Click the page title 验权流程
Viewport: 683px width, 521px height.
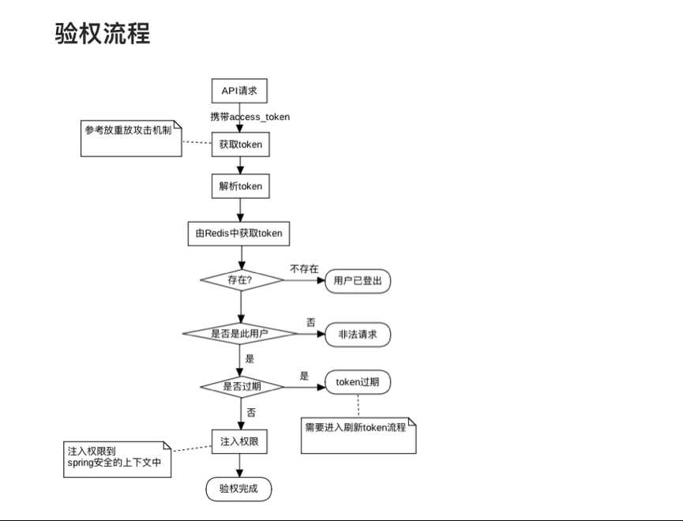[x=103, y=33]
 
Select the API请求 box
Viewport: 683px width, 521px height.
[x=240, y=91]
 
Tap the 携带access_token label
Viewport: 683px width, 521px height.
[x=250, y=117]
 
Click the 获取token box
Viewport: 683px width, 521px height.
[x=240, y=144]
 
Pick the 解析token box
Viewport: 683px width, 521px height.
[x=240, y=186]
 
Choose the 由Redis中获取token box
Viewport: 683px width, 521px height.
[x=239, y=233]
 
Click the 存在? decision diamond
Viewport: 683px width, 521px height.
[x=242, y=279]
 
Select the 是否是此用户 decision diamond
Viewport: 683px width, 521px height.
[x=239, y=334]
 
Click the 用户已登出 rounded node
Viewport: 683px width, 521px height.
[x=358, y=280]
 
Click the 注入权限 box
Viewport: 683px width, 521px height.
[x=239, y=442]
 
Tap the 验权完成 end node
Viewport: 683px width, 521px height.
[x=239, y=489]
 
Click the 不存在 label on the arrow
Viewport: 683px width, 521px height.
[x=304, y=269]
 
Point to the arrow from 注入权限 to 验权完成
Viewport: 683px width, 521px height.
[x=240, y=466]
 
